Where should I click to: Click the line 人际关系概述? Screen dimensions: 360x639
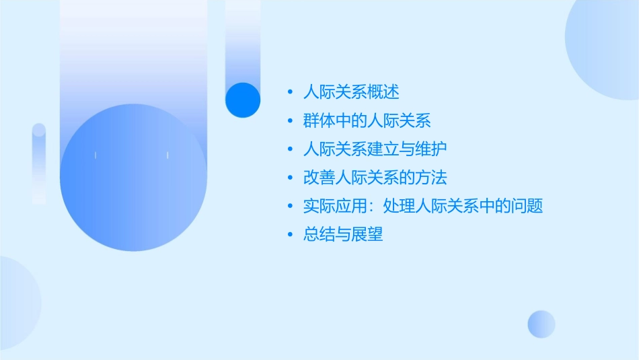351,92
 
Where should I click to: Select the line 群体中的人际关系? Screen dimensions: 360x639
367,121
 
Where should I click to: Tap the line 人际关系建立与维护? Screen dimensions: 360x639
375,149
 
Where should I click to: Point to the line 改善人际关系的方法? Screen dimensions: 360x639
375,178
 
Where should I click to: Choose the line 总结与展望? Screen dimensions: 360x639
343,235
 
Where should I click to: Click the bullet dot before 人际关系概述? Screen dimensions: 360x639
290,93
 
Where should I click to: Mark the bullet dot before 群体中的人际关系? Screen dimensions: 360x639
290,121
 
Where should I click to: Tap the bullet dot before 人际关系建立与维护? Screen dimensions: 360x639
290,149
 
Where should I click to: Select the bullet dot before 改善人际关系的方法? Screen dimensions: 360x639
290,178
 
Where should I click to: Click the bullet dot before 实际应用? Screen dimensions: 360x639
290,207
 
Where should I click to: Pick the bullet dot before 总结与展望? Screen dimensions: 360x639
290,235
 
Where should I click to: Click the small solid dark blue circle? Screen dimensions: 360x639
243,100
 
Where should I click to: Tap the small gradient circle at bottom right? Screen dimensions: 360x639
541,324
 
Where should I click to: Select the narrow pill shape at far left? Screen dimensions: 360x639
39,164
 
